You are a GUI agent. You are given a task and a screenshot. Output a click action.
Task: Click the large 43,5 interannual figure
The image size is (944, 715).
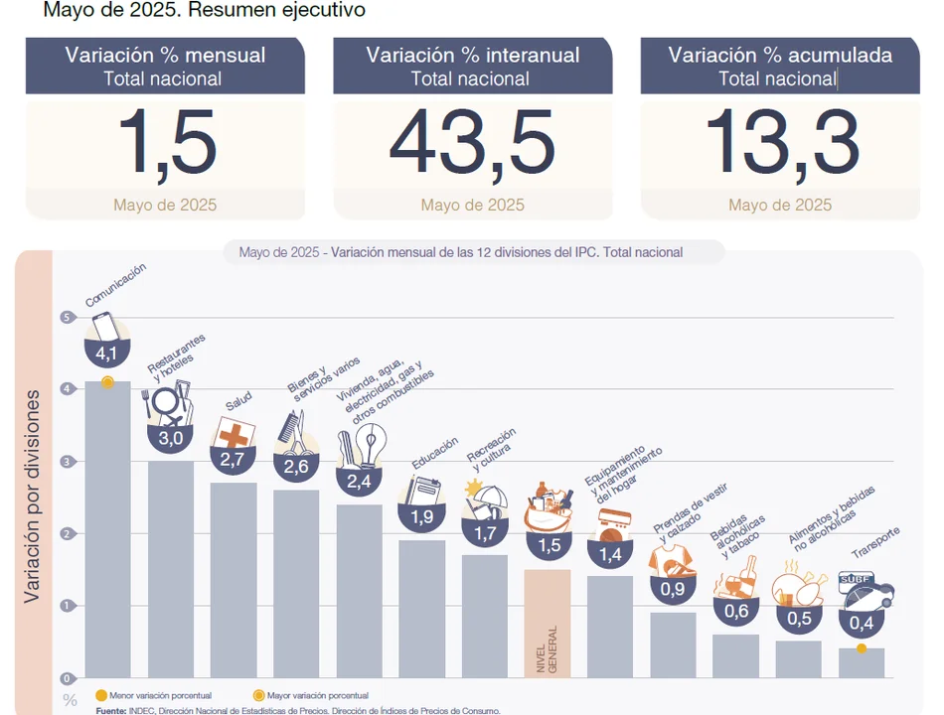click(x=472, y=143)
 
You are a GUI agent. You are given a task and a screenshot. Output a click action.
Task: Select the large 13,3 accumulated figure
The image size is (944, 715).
click(x=781, y=143)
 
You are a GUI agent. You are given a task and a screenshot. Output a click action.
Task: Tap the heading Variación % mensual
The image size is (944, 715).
click(x=165, y=56)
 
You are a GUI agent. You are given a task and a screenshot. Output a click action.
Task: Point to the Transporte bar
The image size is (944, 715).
click(x=862, y=663)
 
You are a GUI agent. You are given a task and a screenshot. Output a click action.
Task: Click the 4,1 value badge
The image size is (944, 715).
click(x=106, y=353)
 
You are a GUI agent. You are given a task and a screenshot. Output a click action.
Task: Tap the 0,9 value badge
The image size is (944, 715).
click(x=673, y=589)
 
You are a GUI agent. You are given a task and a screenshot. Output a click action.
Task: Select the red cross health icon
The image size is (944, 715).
click(x=235, y=433)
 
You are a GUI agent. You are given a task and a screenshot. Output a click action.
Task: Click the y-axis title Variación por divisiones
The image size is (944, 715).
click(x=33, y=497)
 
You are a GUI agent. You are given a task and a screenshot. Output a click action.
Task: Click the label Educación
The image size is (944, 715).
click(x=434, y=453)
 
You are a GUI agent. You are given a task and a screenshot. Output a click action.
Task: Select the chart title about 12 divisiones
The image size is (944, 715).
click(x=460, y=252)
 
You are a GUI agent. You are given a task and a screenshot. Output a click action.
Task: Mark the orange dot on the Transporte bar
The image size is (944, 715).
click(x=862, y=648)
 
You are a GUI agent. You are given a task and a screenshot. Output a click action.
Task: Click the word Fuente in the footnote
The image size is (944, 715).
click(x=110, y=710)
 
